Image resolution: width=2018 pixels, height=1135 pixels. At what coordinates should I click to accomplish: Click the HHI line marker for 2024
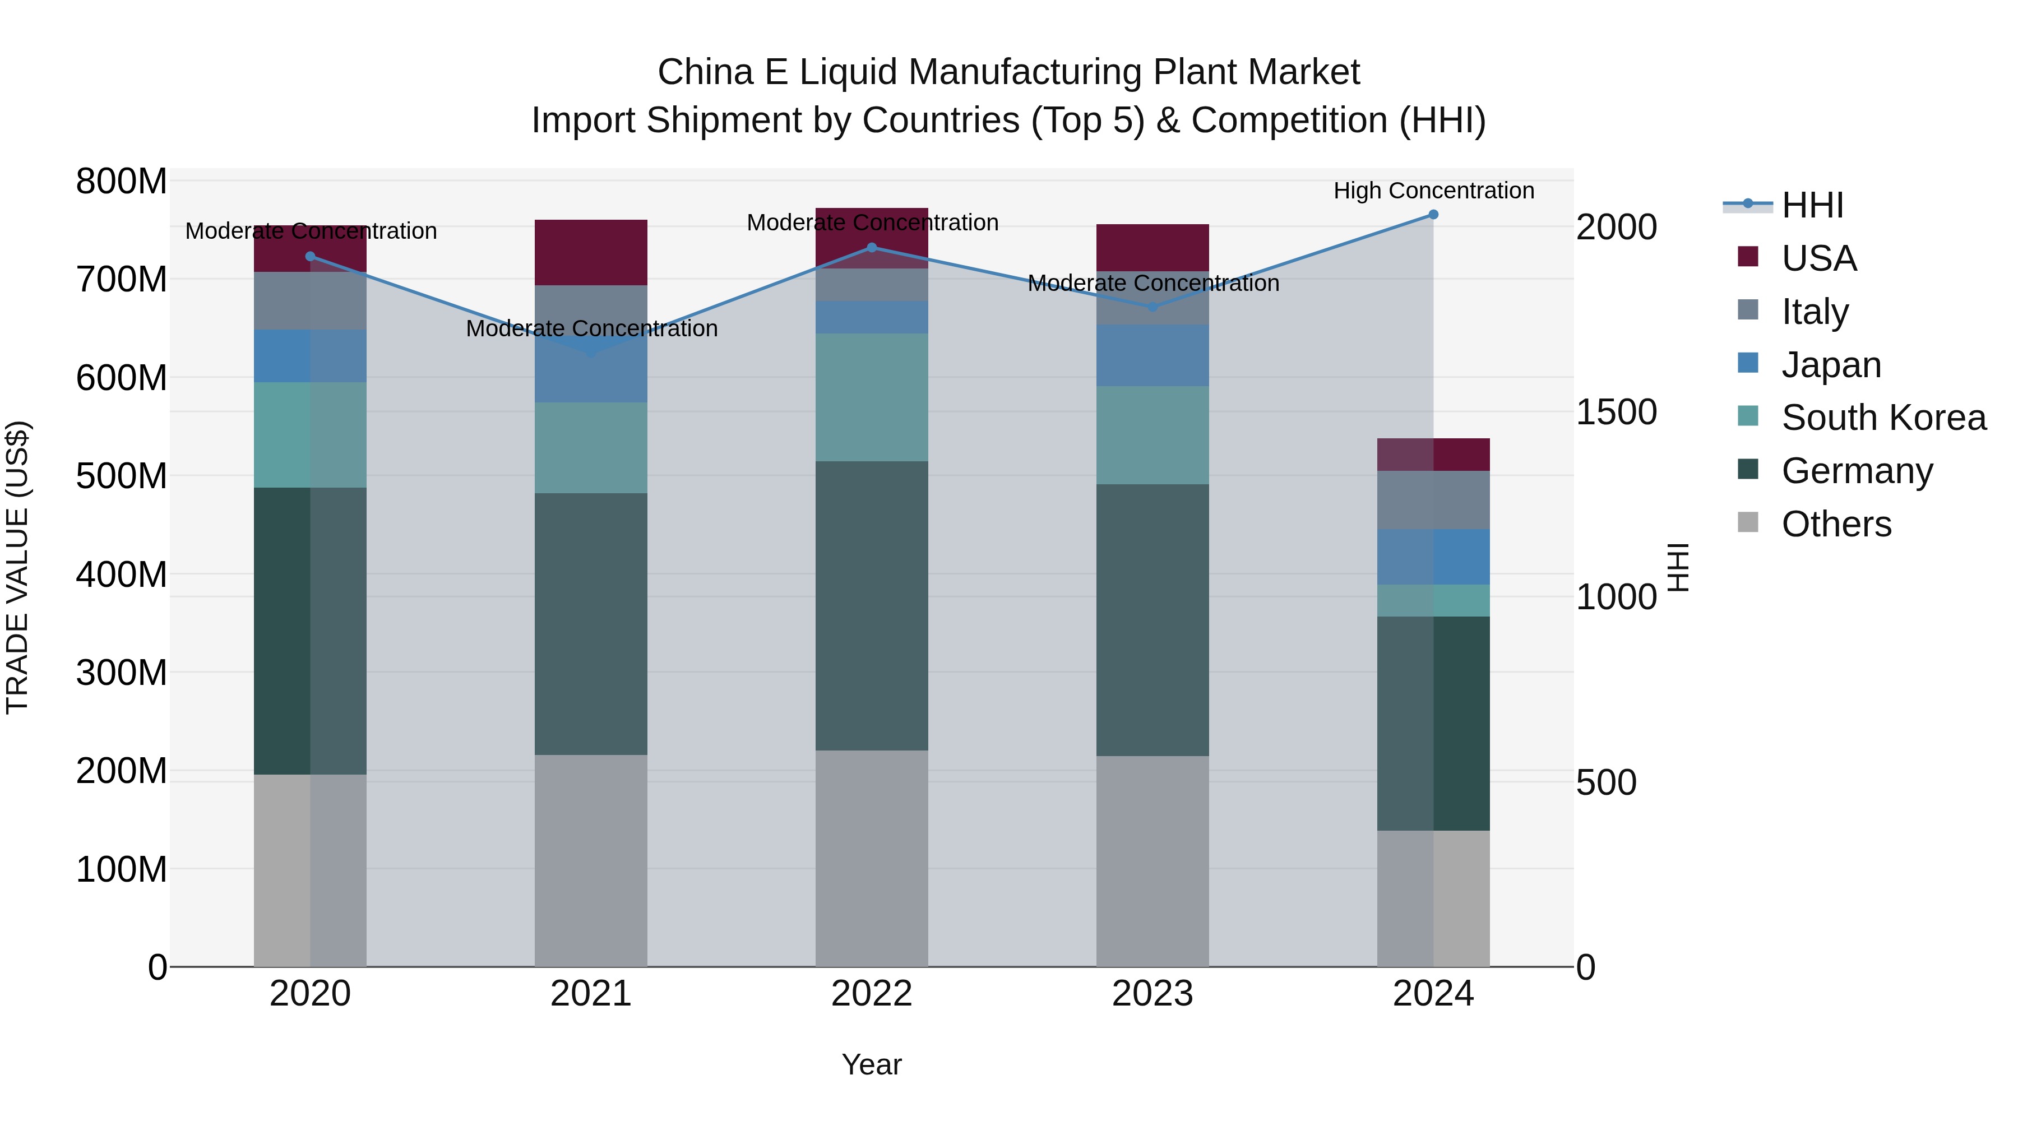(1433, 215)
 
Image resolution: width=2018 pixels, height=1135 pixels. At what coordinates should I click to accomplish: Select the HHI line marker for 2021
(591, 353)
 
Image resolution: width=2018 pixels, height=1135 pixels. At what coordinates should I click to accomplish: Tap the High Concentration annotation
(1433, 191)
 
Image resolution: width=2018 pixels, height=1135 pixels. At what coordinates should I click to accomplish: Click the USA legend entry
(1818, 258)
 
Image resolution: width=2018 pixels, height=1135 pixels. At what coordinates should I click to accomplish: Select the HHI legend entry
(1812, 205)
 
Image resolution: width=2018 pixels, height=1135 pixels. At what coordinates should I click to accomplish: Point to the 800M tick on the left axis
(122, 182)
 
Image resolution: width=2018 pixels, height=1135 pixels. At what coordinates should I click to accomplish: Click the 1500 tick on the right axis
(1616, 412)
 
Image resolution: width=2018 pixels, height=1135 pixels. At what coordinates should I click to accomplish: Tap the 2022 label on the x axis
(871, 994)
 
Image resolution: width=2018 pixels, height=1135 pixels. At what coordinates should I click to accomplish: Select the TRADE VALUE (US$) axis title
(17, 567)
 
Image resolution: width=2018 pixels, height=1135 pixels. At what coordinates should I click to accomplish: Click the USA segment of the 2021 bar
(591, 252)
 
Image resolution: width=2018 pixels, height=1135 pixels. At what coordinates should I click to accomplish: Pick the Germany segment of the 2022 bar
(871, 605)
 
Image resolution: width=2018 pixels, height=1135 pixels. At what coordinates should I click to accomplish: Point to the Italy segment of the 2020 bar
(310, 301)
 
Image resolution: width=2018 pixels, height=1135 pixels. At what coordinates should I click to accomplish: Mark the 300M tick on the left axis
(122, 673)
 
